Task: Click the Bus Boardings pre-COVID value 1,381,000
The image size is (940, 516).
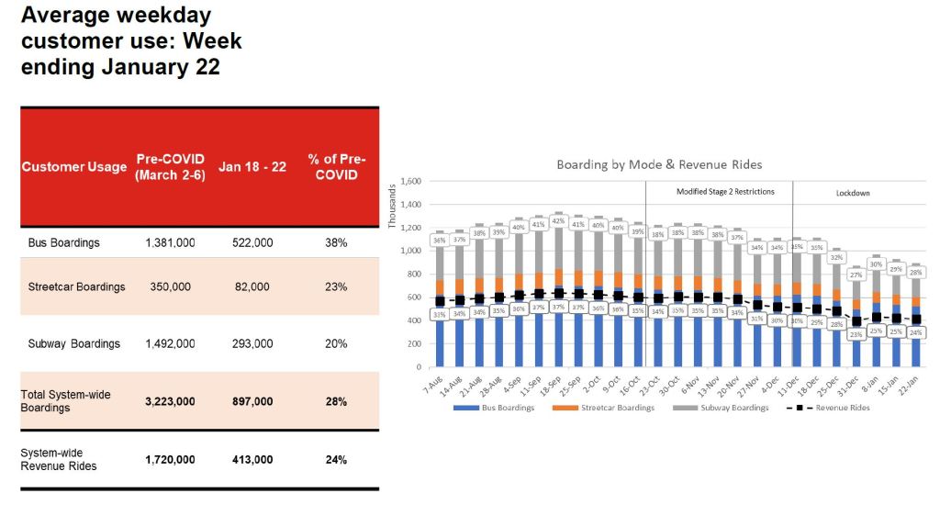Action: [x=170, y=243]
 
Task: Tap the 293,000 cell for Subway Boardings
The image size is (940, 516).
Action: [x=252, y=343]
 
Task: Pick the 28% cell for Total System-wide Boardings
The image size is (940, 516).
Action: [x=336, y=401]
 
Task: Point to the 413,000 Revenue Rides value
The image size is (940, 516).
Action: [x=252, y=459]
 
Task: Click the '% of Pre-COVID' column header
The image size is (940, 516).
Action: [x=336, y=167]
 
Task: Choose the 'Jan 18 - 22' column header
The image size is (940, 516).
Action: [x=252, y=167]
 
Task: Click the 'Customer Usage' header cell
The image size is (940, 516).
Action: [x=74, y=167]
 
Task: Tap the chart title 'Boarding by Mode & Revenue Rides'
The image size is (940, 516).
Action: [x=659, y=164]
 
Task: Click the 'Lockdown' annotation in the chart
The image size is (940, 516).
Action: [x=852, y=194]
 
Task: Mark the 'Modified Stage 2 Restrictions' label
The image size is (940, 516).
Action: [x=725, y=192]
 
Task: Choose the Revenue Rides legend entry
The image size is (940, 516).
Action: [x=835, y=408]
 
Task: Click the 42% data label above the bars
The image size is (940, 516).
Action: [x=557, y=220]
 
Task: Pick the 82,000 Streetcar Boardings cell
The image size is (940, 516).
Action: [x=252, y=286]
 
